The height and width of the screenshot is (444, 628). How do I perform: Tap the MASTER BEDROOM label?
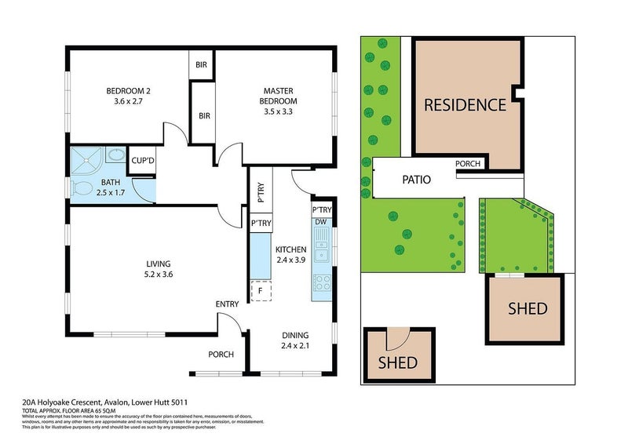(279, 96)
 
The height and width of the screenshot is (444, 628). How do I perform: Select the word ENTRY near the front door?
(227, 304)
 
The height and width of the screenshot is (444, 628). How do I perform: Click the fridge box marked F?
(260, 291)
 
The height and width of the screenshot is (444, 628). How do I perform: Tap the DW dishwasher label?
(320, 222)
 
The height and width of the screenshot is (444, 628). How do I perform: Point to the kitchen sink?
(321, 251)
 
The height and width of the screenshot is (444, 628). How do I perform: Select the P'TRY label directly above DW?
(322, 210)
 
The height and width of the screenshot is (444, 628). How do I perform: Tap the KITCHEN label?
(291, 253)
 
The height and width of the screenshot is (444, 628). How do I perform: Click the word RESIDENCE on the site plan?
(465, 104)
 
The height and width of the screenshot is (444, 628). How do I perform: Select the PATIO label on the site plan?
(416, 179)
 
